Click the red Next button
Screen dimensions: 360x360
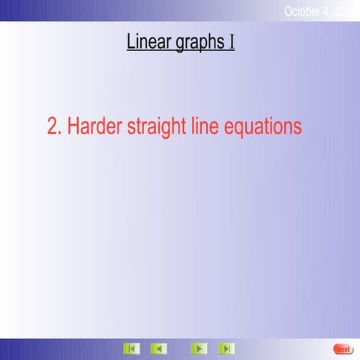(x=342, y=349)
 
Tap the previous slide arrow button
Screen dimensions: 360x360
(x=158, y=349)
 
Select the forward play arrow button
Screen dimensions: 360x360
(x=199, y=349)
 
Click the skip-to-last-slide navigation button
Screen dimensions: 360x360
(x=226, y=349)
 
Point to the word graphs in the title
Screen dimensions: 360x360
(x=199, y=43)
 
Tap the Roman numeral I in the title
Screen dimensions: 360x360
(x=232, y=41)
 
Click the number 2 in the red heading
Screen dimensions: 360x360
(x=52, y=127)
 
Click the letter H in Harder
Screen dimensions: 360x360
(x=73, y=127)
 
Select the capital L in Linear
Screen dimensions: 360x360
(x=131, y=41)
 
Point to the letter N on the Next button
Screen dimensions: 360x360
(x=337, y=349)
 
